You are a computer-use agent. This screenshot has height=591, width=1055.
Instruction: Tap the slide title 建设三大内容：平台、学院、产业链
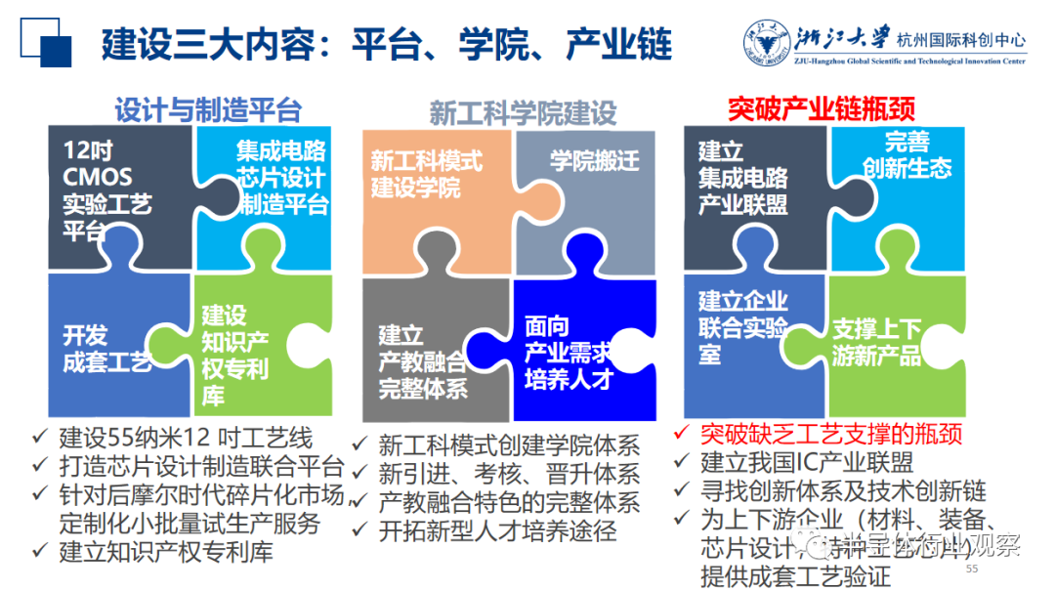pyautogui.click(x=387, y=45)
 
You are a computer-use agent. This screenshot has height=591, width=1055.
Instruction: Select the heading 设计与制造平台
pyautogui.click(x=208, y=109)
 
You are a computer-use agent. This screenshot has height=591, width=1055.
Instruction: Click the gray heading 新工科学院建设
pyautogui.click(x=523, y=113)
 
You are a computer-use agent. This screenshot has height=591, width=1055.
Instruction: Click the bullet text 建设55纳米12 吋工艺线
pyautogui.click(x=186, y=437)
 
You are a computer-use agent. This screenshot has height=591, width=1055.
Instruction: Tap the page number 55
pyautogui.click(x=971, y=569)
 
